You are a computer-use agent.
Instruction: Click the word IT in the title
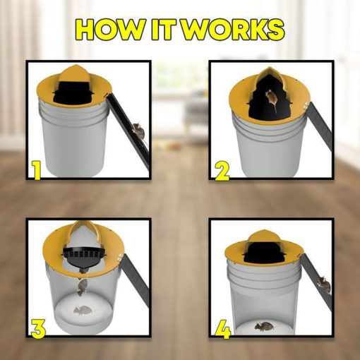(x=165, y=30)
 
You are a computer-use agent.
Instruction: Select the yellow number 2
(x=222, y=171)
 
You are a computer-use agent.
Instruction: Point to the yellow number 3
(x=38, y=329)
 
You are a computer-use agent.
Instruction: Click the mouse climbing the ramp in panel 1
(x=139, y=132)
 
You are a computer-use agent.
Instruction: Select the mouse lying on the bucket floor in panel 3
(x=83, y=311)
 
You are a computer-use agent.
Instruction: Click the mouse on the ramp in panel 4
(x=324, y=284)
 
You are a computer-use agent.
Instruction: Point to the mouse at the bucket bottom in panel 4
(x=265, y=326)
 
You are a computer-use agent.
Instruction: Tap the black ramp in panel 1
(x=129, y=131)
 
